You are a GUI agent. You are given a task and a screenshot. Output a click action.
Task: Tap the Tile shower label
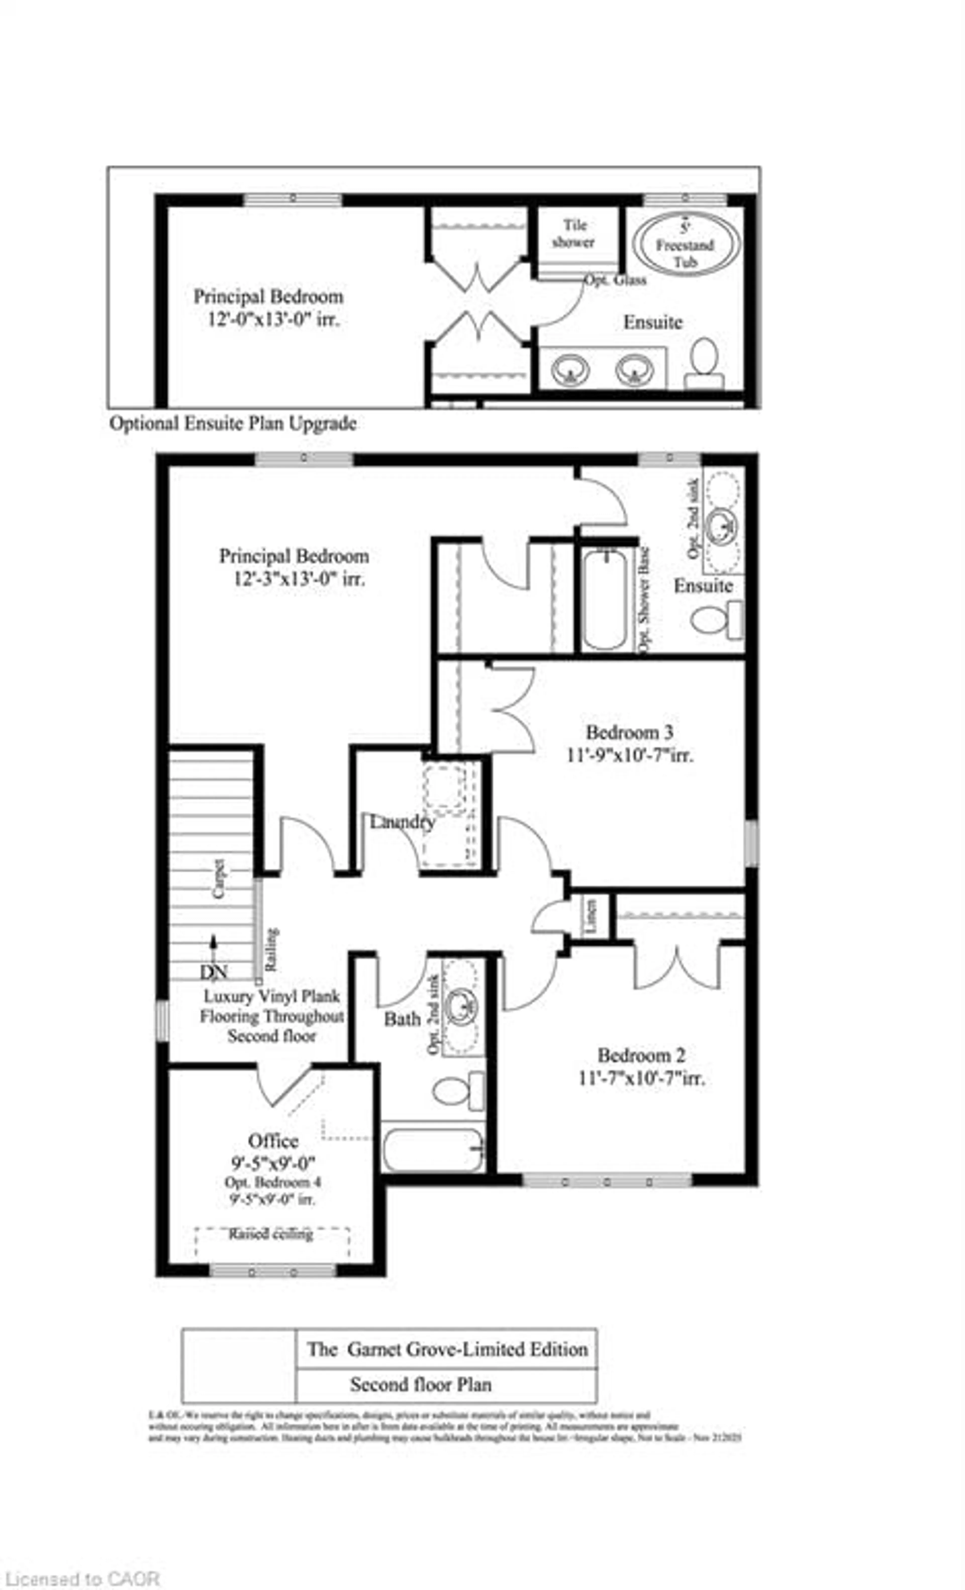click(573, 234)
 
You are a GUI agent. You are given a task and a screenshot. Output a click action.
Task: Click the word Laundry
click(402, 822)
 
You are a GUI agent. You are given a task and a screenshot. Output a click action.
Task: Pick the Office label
click(273, 1140)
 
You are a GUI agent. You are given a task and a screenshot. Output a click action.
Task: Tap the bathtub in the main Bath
click(432, 1149)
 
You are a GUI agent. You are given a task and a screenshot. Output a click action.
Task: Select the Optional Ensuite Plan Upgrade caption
click(232, 423)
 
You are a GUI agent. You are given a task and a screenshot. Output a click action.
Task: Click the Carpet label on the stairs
click(219, 878)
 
